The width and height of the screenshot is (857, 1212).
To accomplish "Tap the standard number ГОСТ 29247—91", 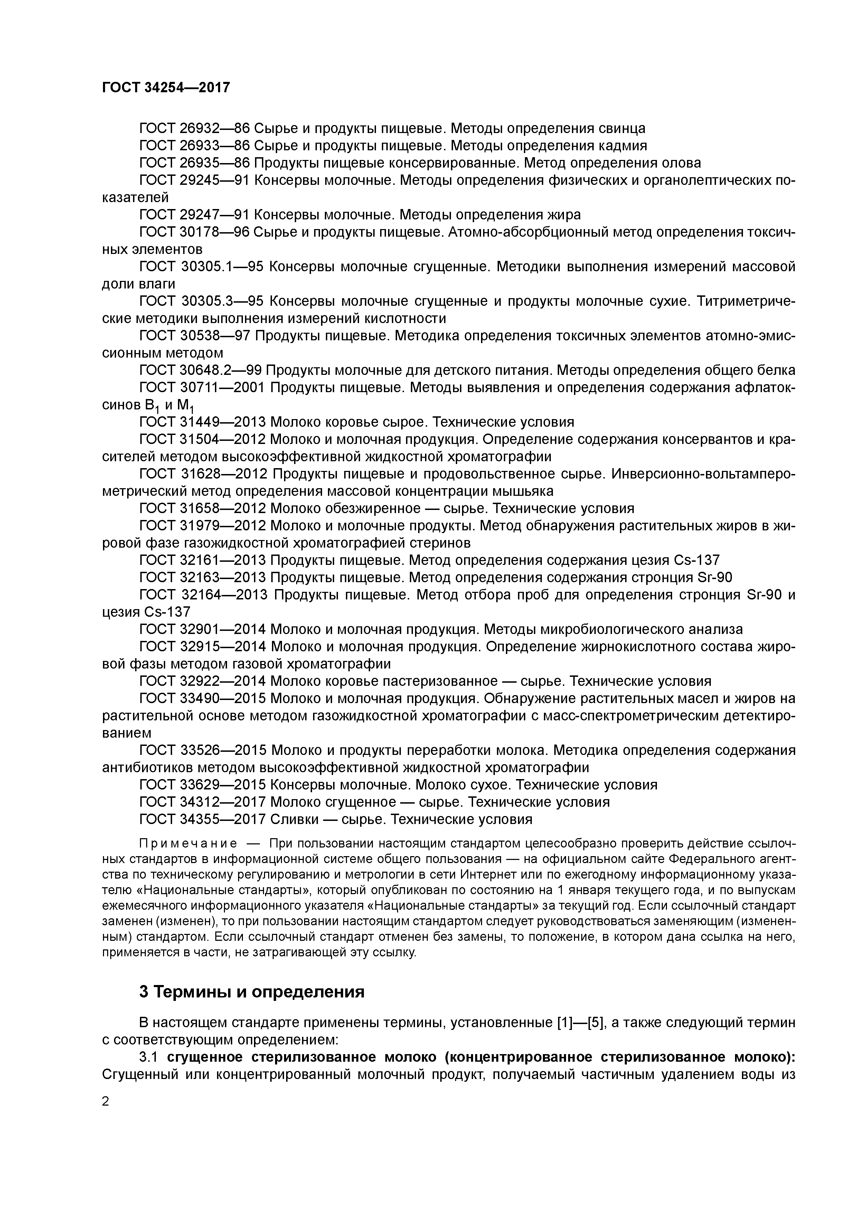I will pos(194,215).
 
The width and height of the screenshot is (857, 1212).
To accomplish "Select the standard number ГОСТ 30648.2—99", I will pos(201,370).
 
